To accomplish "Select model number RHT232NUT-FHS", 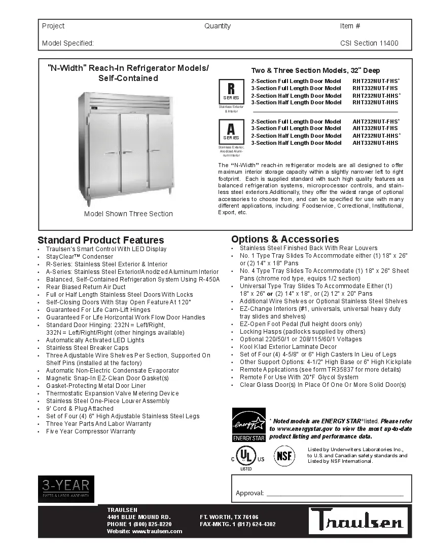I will (x=376, y=81).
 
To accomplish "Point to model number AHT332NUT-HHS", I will (x=375, y=143).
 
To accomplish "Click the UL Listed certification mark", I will (x=246, y=458).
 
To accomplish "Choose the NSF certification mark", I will (x=284, y=456).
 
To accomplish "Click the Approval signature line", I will (x=335, y=494).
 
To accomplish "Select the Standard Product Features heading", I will (x=101, y=240).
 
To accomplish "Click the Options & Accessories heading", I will (x=285, y=239).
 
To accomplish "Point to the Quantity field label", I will (x=218, y=26).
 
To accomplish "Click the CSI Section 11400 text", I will (x=369, y=44).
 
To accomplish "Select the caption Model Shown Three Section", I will (x=128, y=214).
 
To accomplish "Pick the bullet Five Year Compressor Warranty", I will (x=91, y=431).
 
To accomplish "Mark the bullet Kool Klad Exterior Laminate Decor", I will (x=288, y=347).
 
